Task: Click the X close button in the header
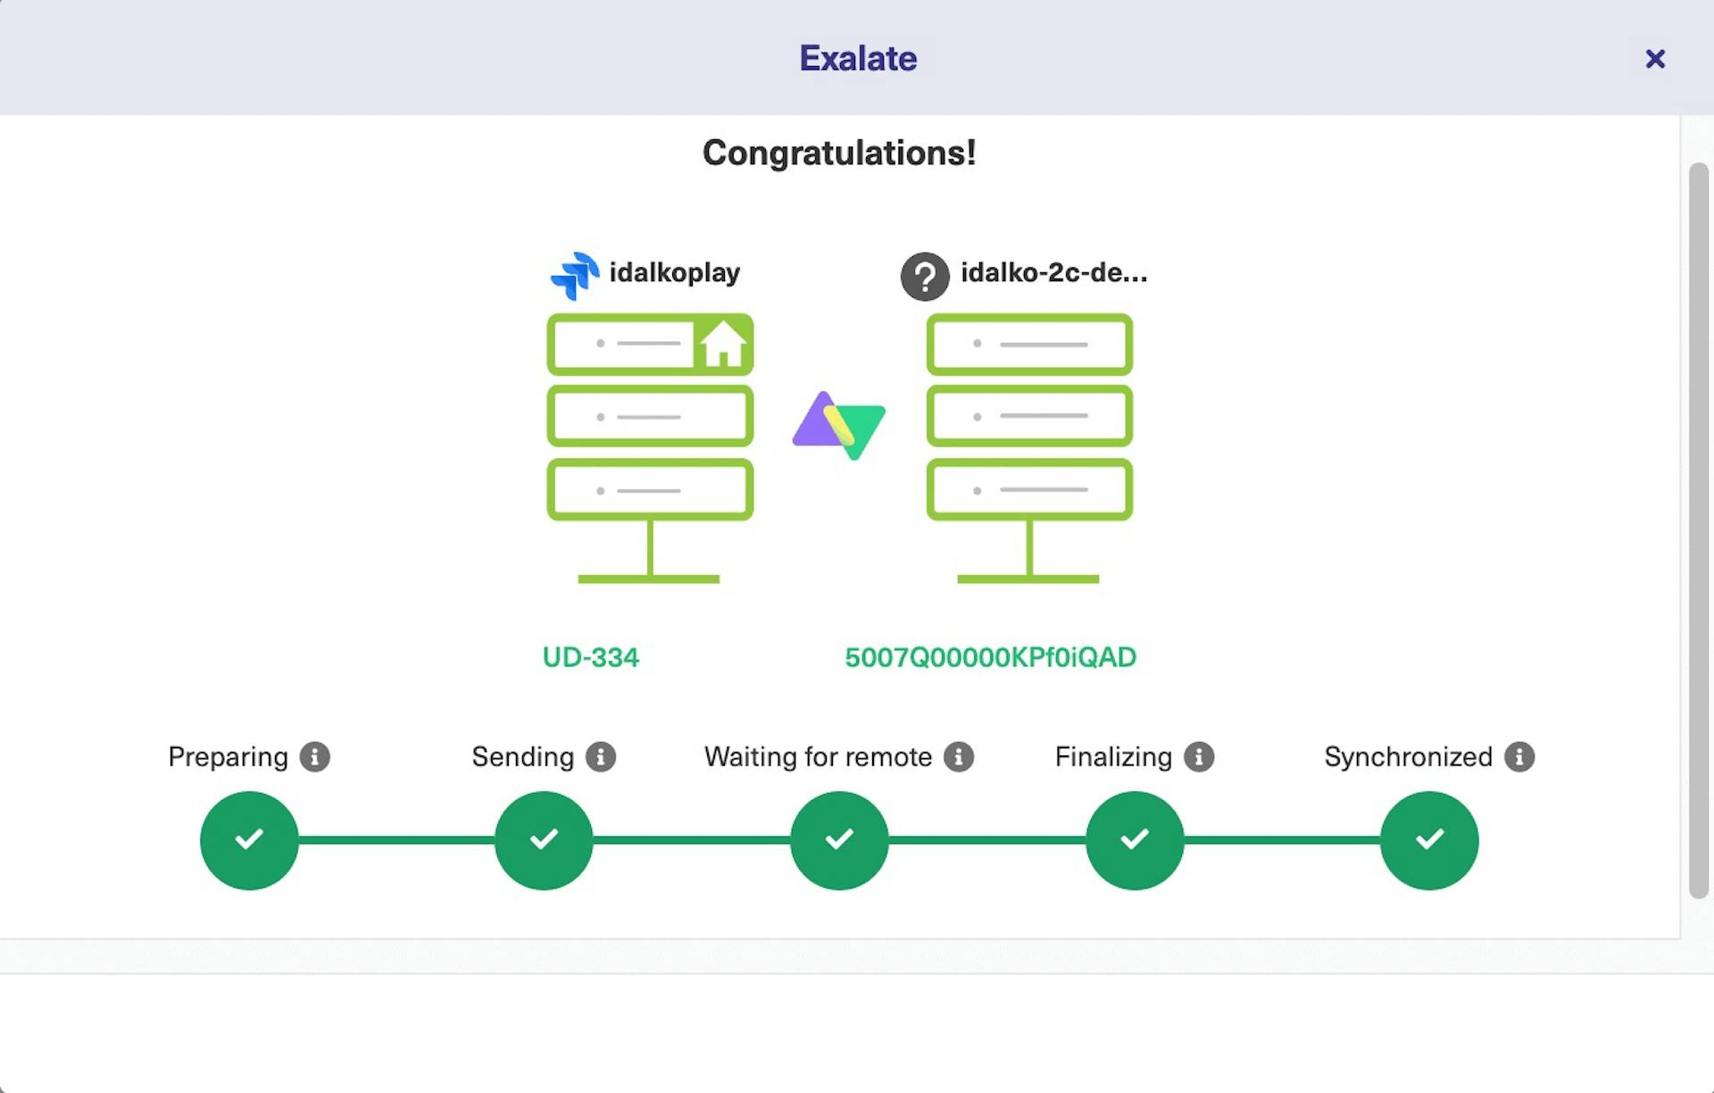pos(1654,59)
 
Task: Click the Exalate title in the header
pos(857,59)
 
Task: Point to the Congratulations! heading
pos(838,153)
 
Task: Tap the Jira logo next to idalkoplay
pos(575,275)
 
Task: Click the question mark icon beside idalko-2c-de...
pos(924,276)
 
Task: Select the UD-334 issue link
pos(590,657)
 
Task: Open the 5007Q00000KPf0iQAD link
pos(990,657)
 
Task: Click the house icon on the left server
pos(722,344)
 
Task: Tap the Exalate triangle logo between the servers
pos(839,425)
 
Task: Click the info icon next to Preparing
pos(314,756)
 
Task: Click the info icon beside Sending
pos(601,756)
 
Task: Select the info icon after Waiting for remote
pos(959,756)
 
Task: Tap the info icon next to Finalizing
pos(1199,756)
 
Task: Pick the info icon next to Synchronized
pos(1518,756)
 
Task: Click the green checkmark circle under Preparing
pos(249,839)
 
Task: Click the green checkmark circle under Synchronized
pos(1429,839)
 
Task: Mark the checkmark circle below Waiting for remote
pos(839,839)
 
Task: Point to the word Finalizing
pos(1113,756)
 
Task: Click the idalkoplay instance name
pos(674,272)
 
